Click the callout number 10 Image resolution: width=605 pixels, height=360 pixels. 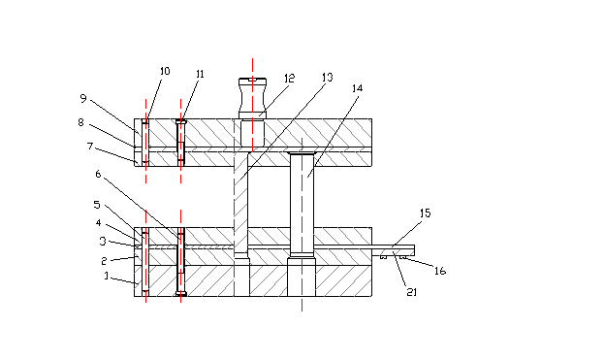(x=165, y=71)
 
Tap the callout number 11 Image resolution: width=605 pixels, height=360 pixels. (x=200, y=74)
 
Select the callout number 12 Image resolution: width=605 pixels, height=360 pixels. (x=289, y=79)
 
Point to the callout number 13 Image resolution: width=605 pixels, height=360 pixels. (x=327, y=78)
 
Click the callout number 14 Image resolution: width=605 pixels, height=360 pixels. (x=358, y=88)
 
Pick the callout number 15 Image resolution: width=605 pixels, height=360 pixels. (x=426, y=213)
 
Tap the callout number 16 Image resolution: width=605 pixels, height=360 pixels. (x=440, y=271)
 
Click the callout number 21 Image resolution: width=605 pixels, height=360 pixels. (x=412, y=292)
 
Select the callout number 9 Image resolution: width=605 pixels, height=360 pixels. (x=83, y=99)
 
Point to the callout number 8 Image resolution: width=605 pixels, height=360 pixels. (x=80, y=122)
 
